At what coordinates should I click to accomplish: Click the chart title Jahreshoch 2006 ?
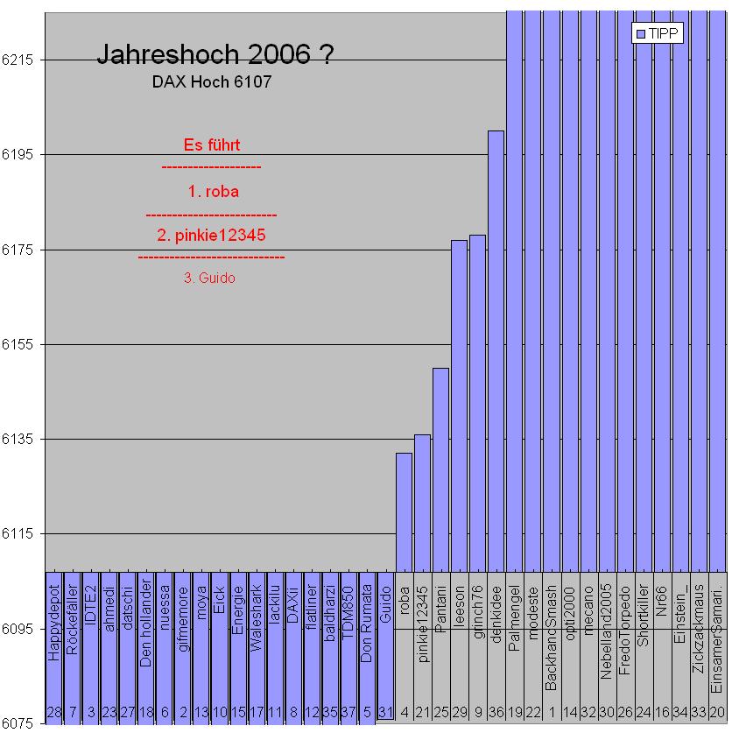click(x=214, y=55)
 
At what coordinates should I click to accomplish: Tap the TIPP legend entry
click(x=658, y=33)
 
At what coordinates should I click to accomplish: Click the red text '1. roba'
click(x=213, y=191)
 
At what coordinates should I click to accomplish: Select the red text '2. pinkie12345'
click(x=211, y=235)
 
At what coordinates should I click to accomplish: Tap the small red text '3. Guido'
click(x=210, y=278)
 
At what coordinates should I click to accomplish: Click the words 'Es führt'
click(x=212, y=144)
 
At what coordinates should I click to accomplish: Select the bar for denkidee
click(x=496, y=350)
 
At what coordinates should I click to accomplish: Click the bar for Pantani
click(x=440, y=469)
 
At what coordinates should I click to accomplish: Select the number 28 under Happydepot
click(x=53, y=715)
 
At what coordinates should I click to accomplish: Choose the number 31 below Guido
click(x=385, y=715)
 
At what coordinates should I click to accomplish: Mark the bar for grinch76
click(x=477, y=403)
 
